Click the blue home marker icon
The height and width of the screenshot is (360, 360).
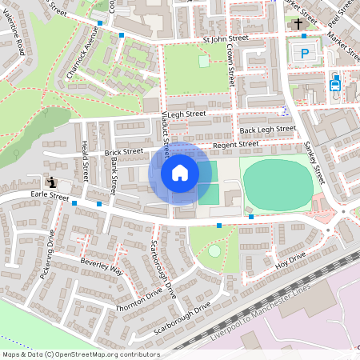point(180,172)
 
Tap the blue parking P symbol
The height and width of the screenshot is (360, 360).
point(305,53)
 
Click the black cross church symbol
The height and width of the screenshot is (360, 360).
point(299,24)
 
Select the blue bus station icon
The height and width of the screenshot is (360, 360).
point(334,82)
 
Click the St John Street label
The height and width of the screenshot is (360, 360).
point(226,38)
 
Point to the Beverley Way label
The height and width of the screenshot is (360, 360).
point(101,266)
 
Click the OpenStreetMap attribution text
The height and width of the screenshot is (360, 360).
point(81,354)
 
